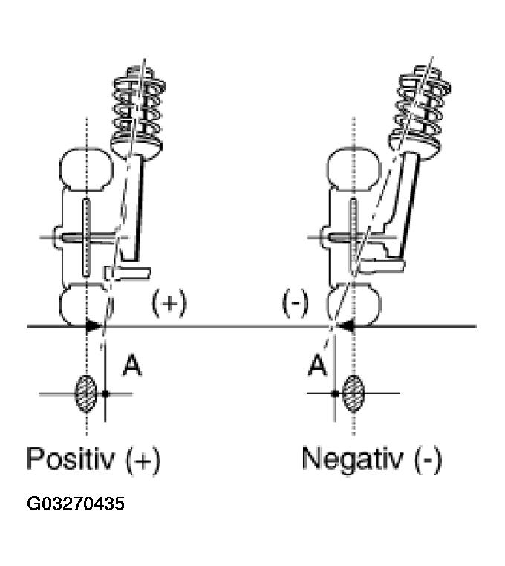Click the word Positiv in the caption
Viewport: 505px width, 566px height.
pos(65,459)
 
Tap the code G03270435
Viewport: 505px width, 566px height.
pos(76,504)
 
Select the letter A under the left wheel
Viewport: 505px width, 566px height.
pos(131,365)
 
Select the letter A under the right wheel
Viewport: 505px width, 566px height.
pos(318,365)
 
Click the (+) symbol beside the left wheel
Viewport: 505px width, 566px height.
pos(169,303)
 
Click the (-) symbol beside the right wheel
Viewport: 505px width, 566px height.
pos(296,303)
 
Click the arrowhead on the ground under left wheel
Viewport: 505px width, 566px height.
pos(94,325)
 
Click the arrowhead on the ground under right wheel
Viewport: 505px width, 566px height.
pos(345,325)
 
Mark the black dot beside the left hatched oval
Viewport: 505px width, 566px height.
pos(106,393)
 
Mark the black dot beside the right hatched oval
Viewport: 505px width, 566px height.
pos(335,393)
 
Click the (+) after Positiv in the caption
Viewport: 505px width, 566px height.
pos(142,459)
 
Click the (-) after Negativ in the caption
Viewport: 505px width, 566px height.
pos(426,459)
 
